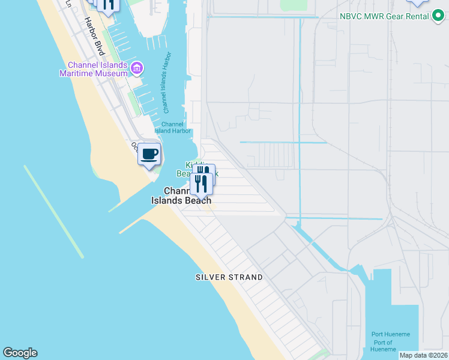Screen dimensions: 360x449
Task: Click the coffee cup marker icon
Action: click(149, 154)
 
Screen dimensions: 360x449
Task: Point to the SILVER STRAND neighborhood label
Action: click(229, 277)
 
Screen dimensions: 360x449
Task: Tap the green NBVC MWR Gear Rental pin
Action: click(439, 16)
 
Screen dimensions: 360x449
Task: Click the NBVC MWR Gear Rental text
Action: click(383, 16)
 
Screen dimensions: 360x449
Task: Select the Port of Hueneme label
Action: click(382, 346)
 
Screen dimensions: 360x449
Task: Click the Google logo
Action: click(20, 353)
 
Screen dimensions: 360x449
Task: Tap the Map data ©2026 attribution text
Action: click(423, 355)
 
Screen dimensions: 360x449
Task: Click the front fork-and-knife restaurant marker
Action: click(201, 183)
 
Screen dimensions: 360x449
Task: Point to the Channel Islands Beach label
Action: click(181, 196)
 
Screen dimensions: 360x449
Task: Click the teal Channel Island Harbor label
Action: click(173, 127)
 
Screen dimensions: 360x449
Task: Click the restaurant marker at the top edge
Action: click(107, 5)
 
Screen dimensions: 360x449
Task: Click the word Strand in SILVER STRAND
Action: click(246, 277)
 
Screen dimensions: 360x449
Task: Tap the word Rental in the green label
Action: click(416, 16)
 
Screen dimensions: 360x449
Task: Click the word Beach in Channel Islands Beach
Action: click(197, 200)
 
